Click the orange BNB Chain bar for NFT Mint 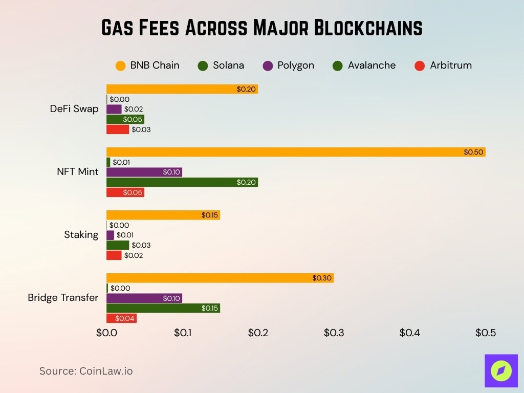(x=296, y=152)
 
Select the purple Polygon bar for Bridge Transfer (x=144, y=298)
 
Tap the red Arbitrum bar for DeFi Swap (x=118, y=129)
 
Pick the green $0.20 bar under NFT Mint (x=182, y=182)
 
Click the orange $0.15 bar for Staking (x=163, y=215)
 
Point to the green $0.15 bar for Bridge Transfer (x=163, y=308)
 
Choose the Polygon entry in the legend (x=289, y=65)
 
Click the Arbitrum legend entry (x=443, y=65)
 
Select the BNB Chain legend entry (x=147, y=65)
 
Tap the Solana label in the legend (x=221, y=65)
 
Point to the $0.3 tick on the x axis (x=334, y=333)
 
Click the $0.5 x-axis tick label (x=485, y=333)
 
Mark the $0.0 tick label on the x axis (x=106, y=333)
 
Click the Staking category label (x=81, y=235)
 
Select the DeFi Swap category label (x=74, y=108)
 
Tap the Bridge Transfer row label (x=63, y=297)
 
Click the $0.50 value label (x=473, y=152)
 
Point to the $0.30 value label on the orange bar (x=322, y=278)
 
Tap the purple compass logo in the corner (x=501, y=370)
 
